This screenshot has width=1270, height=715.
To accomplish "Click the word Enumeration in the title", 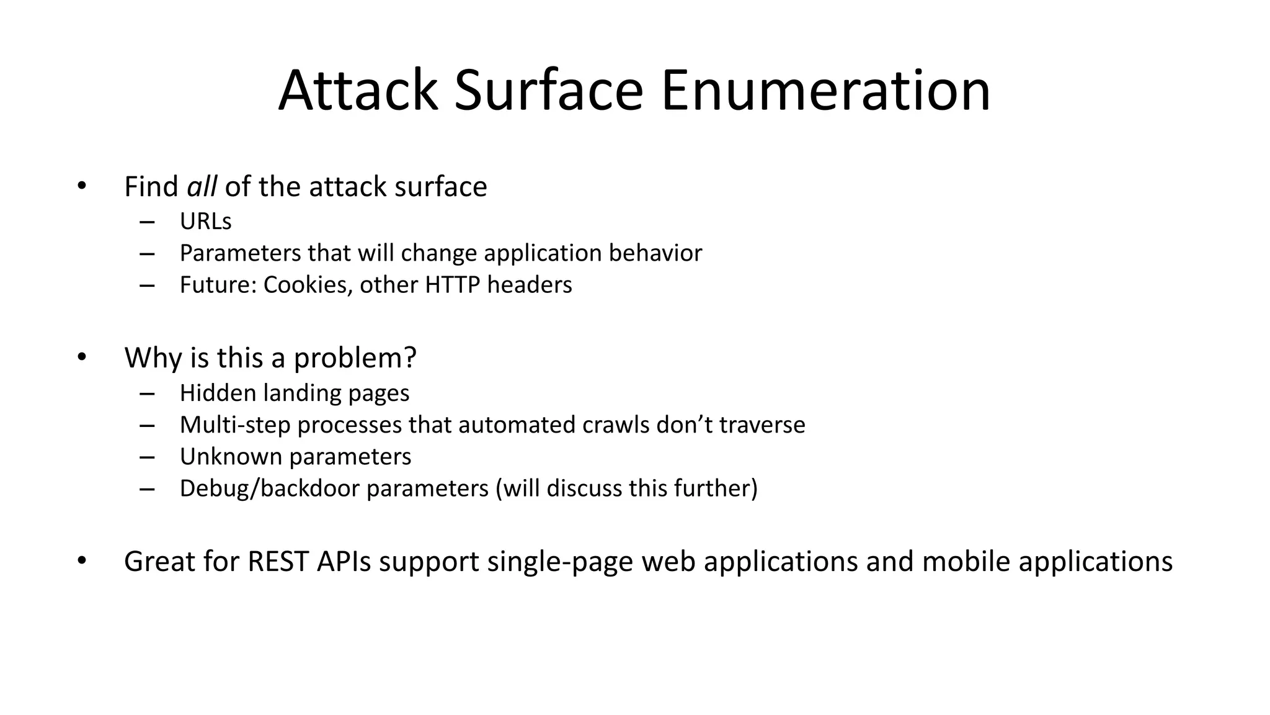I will tap(825, 91).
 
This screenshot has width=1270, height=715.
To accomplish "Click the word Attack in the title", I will tap(358, 91).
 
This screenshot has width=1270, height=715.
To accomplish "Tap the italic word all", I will tap(202, 187).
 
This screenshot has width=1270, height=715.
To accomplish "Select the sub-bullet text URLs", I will tap(205, 222).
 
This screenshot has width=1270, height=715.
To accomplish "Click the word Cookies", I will tap(308, 285).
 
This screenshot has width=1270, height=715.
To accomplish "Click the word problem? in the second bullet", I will tap(355, 358).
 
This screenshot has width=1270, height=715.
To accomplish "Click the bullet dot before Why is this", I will tap(82, 357).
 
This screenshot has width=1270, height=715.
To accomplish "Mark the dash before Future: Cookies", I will tap(147, 286).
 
